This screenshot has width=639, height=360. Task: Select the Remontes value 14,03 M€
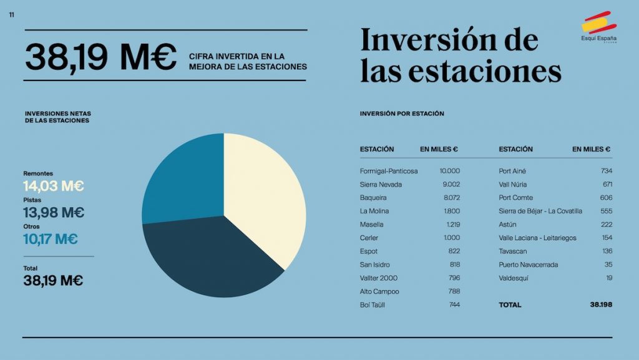point(54,186)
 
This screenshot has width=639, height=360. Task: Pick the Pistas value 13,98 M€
point(54,212)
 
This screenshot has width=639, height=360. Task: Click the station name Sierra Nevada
point(381,185)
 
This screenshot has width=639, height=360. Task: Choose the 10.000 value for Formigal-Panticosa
point(449,171)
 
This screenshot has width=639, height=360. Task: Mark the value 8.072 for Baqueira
point(451,198)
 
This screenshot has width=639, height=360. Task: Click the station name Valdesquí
point(515,278)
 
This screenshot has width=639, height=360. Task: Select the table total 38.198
point(601,305)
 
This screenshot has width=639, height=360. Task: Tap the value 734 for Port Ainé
point(606,171)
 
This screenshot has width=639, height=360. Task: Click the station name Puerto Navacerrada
point(529,265)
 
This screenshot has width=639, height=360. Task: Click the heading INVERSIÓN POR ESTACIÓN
point(402,114)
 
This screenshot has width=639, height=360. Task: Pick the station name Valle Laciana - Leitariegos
point(537,238)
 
